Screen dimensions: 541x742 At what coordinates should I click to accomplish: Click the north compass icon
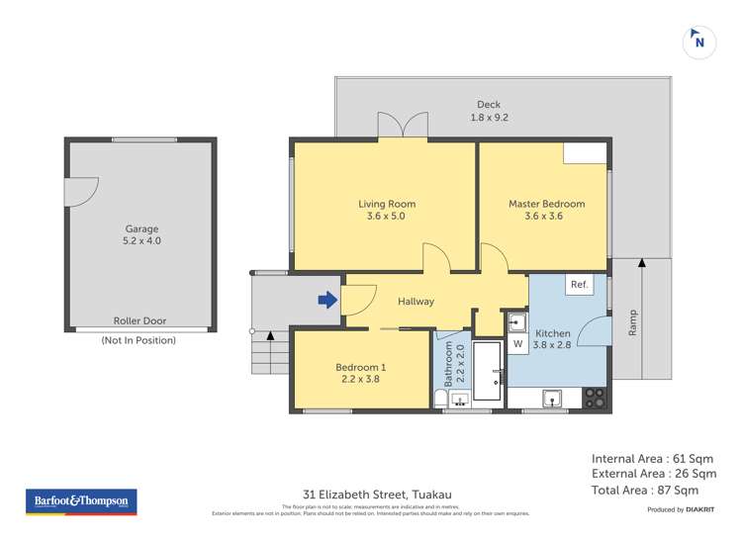click(699, 43)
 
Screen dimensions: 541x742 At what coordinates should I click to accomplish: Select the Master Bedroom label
click(546, 204)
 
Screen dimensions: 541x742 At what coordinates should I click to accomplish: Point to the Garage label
click(140, 228)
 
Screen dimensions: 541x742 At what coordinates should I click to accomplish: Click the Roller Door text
click(139, 321)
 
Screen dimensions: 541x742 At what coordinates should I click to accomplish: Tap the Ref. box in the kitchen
click(579, 285)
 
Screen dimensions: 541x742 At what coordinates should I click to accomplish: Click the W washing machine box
click(517, 344)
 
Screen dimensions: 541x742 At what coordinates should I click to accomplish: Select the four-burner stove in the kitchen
click(596, 398)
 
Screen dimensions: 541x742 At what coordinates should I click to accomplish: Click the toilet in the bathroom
click(440, 398)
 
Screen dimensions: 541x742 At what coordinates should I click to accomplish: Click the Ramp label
click(633, 322)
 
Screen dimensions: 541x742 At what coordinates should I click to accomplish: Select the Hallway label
click(416, 302)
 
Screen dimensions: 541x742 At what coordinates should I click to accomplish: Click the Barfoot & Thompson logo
click(80, 501)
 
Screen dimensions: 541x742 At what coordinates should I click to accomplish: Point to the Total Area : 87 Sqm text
click(645, 490)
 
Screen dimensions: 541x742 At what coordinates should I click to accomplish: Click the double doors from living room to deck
click(403, 126)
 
